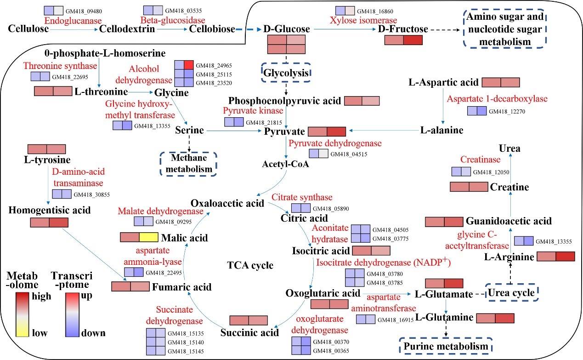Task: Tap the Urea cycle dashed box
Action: (511, 293)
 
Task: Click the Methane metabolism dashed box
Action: (188, 163)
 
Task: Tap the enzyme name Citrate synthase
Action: (302, 197)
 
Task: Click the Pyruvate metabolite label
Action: (284, 131)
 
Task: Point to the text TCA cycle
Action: (250, 265)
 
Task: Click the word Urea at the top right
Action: (510, 149)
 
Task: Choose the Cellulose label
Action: (28, 29)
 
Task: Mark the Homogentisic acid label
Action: (50, 210)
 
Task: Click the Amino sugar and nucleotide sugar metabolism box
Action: (504, 29)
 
